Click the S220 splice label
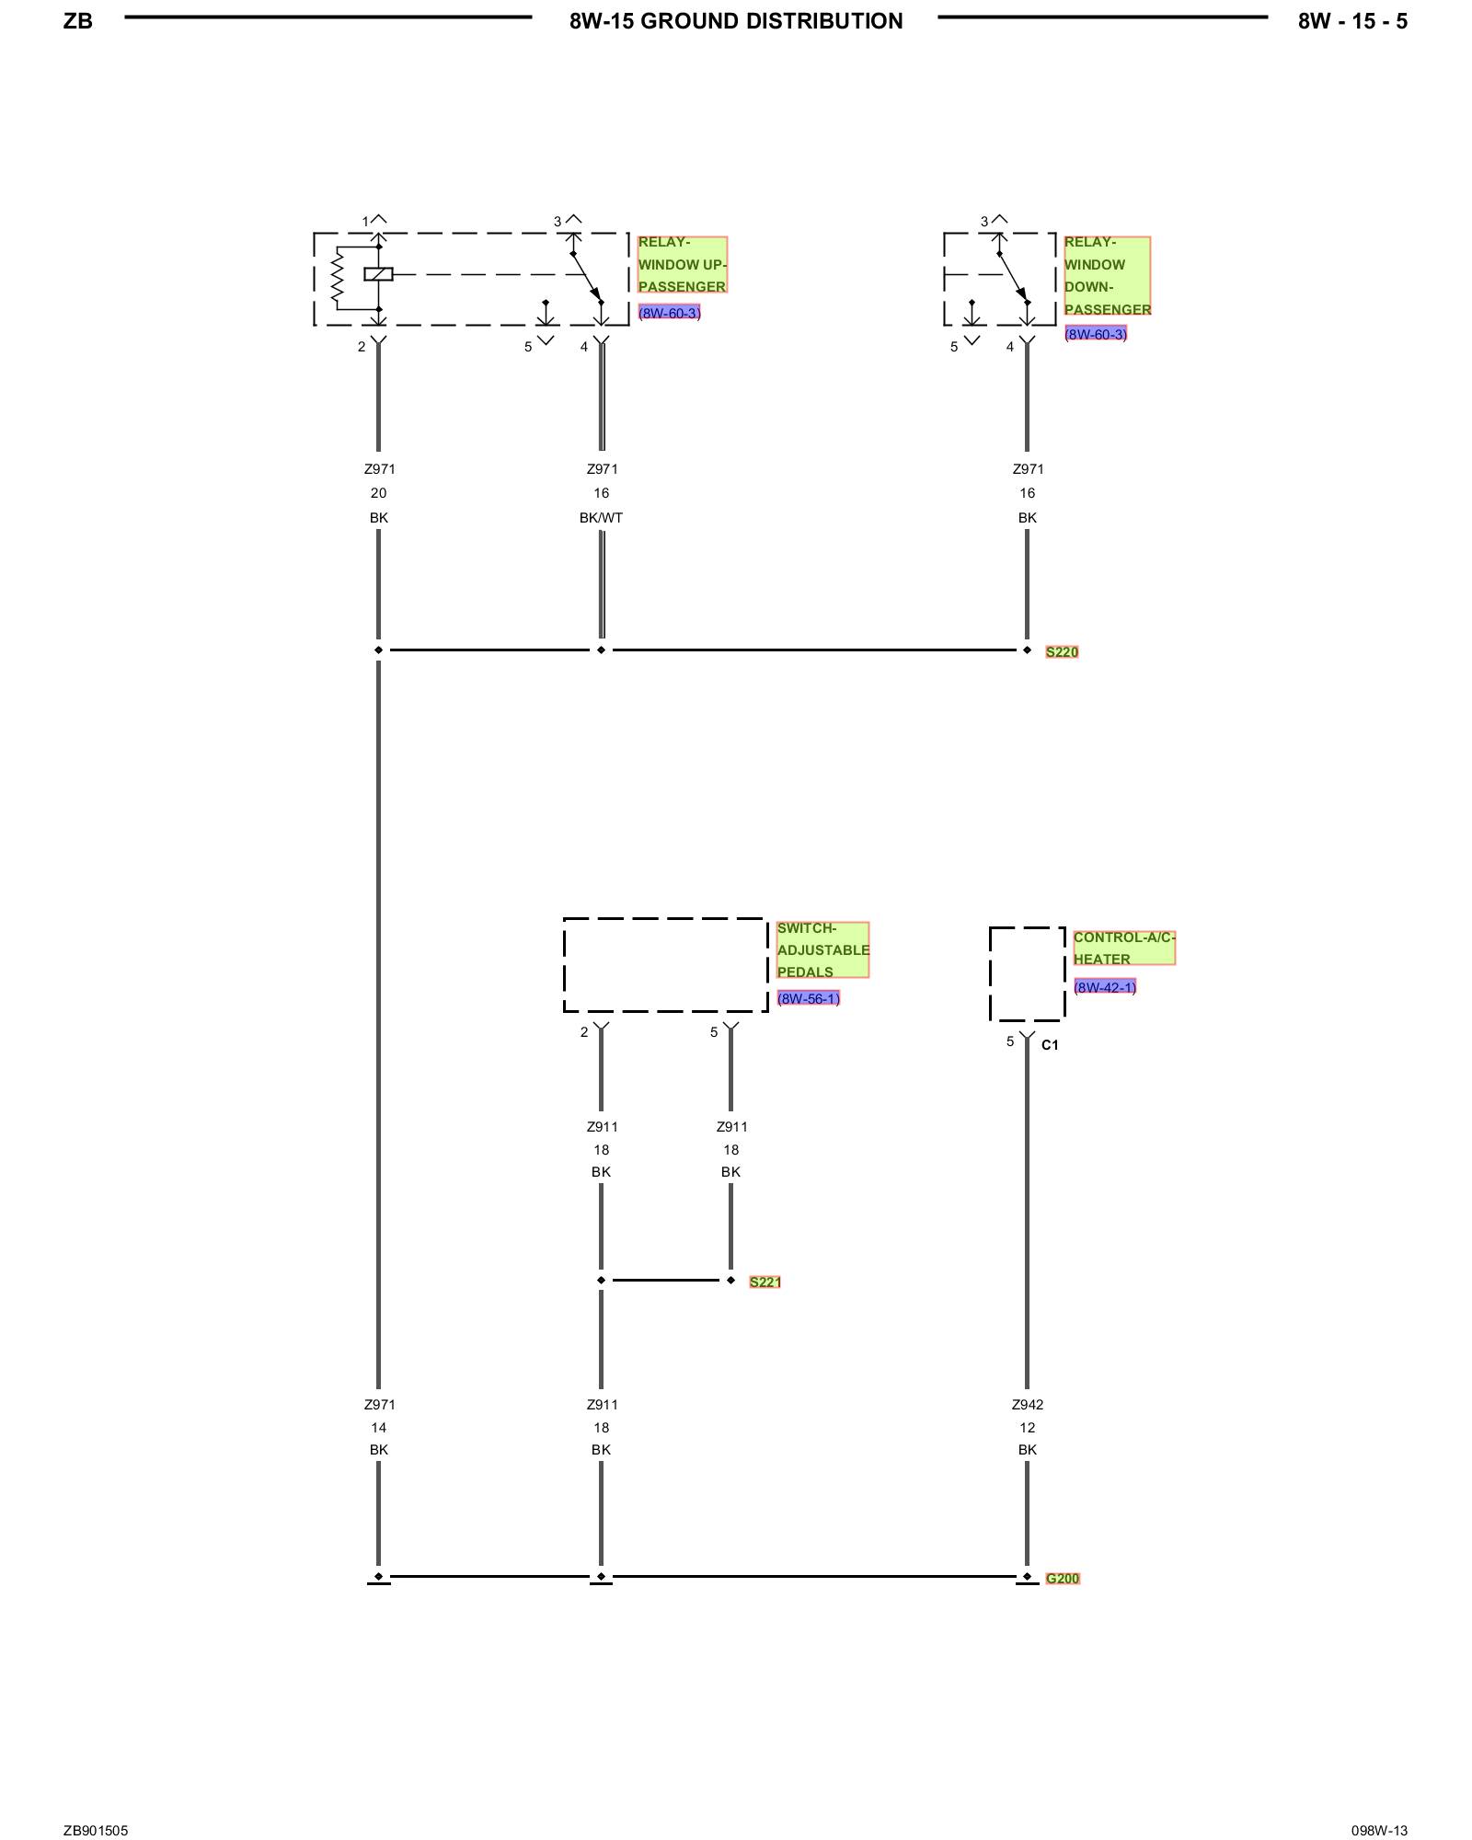pyautogui.click(x=1062, y=652)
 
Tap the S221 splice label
pyautogui.click(x=765, y=1282)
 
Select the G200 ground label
pyautogui.click(x=1063, y=1579)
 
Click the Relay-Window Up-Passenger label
pyautogui.click(x=682, y=265)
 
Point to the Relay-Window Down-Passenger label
pyautogui.click(x=1107, y=276)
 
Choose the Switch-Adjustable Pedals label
pyautogui.click(x=822, y=950)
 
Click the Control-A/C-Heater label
pyautogui.click(x=1123, y=949)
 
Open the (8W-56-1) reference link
pyautogui.click(x=808, y=998)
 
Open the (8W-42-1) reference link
pyautogui.click(x=1105, y=987)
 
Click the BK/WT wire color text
pyautogui.click(x=601, y=518)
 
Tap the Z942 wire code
pyautogui.click(x=1028, y=1405)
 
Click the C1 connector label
pyautogui.click(x=1050, y=1045)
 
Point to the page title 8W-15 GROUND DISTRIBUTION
pyautogui.click(x=736, y=21)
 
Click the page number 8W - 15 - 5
pyautogui.click(x=1352, y=21)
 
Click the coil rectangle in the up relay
pyautogui.click(x=378, y=274)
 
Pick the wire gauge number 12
pyautogui.click(x=1027, y=1428)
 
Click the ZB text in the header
pyautogui.click(x=78, y=21)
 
